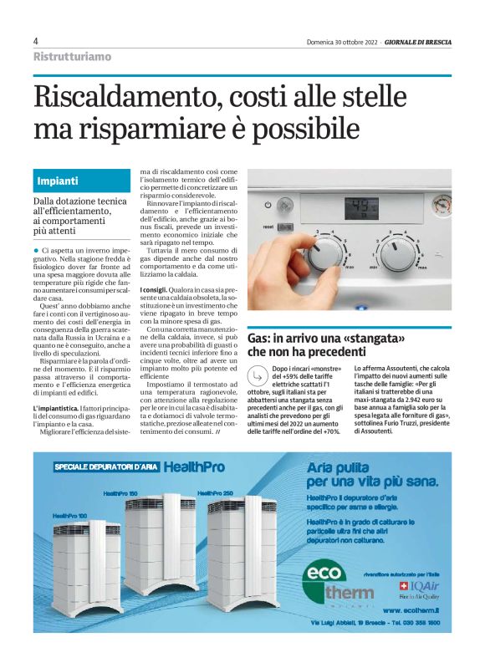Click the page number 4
[x=36, y=41]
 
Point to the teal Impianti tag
[x=58, y=181]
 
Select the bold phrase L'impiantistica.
[x=57, y=406]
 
